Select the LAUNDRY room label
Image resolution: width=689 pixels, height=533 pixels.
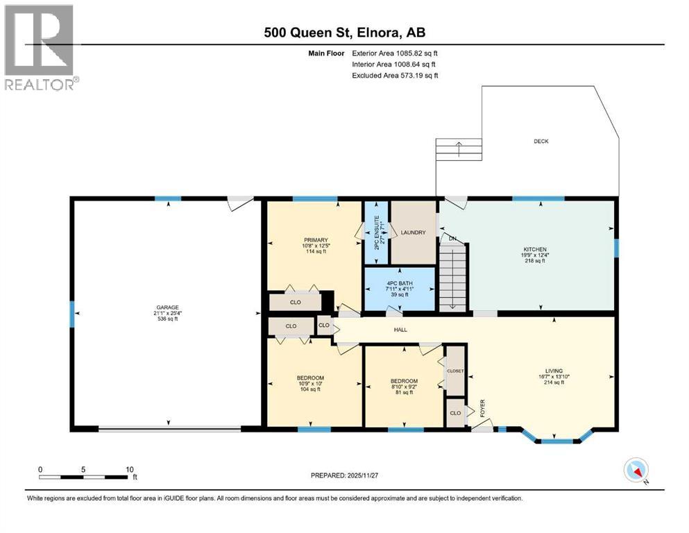(413, 232)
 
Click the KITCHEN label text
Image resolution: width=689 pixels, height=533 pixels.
(535, 249)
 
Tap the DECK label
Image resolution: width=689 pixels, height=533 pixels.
(541, 141)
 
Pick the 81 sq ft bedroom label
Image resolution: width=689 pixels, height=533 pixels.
(403, 381)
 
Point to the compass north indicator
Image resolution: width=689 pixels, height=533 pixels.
(636, 471)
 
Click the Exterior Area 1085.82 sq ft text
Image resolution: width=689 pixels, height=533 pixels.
(395, 53)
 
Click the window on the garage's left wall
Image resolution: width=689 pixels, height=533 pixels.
(71, 313)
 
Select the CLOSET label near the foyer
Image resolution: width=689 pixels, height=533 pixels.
(455, 371)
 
